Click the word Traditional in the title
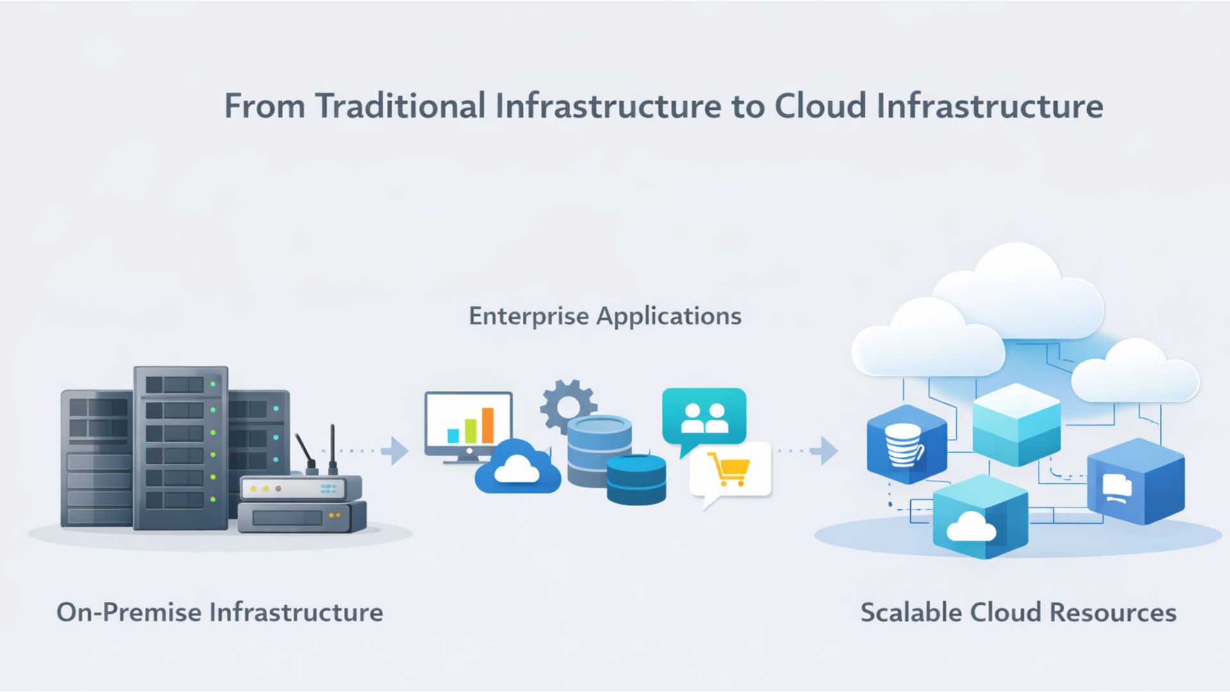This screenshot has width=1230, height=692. pos(400,106)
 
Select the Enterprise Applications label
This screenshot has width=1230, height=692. pos(605,316)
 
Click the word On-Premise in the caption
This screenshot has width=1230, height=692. pos(129,612)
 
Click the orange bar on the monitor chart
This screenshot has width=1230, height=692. pos(488,425)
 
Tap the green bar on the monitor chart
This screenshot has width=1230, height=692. pos(471,431)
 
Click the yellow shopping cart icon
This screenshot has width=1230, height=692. pos(728,469)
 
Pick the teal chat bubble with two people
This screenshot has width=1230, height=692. pos(704,416)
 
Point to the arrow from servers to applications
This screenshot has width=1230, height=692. pos(397,451)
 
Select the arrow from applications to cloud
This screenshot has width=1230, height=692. pos(826,451)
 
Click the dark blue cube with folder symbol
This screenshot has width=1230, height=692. pos(1135,482)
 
